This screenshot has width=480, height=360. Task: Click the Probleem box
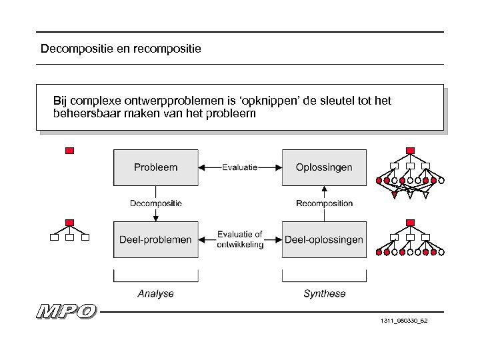155,167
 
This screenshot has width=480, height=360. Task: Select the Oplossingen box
324,167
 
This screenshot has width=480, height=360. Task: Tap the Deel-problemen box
155,239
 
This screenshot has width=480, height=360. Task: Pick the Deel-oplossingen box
324,239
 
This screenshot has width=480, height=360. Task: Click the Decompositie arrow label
155,203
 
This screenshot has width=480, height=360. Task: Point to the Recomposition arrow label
324,203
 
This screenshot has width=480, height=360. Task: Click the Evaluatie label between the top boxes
240,167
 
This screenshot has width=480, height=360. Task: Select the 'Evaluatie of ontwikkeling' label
240,239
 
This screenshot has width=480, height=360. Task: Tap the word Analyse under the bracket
155,293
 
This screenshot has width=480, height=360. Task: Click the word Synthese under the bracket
325,293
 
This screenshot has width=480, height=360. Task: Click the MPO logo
67,311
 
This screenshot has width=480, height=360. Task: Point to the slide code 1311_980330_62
403,321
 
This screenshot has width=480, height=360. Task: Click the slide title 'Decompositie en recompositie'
121,49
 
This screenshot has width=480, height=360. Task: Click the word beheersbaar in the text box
83,114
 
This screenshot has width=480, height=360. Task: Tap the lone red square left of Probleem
69,151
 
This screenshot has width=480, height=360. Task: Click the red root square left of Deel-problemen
69,222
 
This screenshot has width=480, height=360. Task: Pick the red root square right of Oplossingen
410,151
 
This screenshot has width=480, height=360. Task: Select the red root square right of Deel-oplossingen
410,222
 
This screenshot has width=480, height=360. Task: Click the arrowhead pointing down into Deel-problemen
155,217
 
